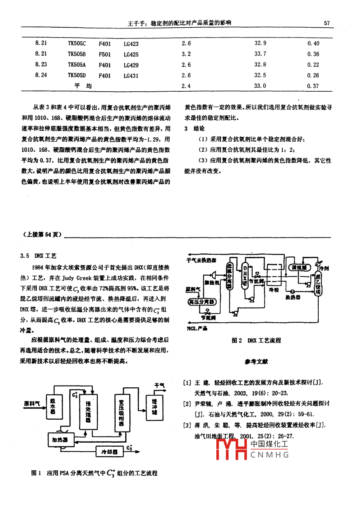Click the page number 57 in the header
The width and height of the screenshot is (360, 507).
pyautogui.click(x=327, y=23)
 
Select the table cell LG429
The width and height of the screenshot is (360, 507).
pyautogui.click(x=131, y=65)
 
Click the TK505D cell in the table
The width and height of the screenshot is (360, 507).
pyautogui.click(x=77, y=75)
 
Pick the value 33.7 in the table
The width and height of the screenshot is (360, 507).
pyautogui.click(x=260, y=54)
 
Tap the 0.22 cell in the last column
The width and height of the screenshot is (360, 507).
pyautogui.click(x=313, y=65)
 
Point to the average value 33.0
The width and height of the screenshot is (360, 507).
pyautogui.click(x=260, y=86)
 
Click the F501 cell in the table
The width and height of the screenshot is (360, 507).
pyautogui.click(x=105, y=54)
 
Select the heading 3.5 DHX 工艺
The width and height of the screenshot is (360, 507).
pyautogui.click(x=38, y=256)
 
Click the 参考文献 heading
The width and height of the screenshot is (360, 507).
pyautogui.click(x=256, y=361)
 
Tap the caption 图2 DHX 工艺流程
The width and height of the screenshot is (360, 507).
pyautogui.click(x=256, y=340)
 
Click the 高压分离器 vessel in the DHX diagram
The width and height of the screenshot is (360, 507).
pyautogui.click(x=202, y=302)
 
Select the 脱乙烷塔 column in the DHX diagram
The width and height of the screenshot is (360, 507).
pyautogui.click(x=318, y=284)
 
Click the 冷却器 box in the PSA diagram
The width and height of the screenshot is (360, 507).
pyautogui.click(x=110, y=451)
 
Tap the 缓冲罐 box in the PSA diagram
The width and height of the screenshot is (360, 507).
pyautogui.click(x=154, y=407)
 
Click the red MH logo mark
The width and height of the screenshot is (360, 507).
pyautogui.click(x=231, y=449)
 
